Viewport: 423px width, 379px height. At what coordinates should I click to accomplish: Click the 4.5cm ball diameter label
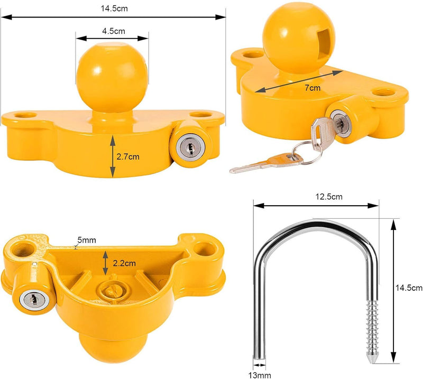pyautogui.click(x=112, y=31)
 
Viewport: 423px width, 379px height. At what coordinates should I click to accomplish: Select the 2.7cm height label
pyautogui.click(x=130, y=156)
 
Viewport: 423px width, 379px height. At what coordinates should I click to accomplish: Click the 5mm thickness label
pyautogui.click(x=88, y=240)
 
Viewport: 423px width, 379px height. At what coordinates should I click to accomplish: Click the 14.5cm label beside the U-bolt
pyautogui.click(x=409, y=288)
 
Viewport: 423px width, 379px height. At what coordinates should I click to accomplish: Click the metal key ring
pyautogui.click(x=302, y=150)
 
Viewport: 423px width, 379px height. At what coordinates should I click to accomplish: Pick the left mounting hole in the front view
pyautogui.click(x=24, y=114)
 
